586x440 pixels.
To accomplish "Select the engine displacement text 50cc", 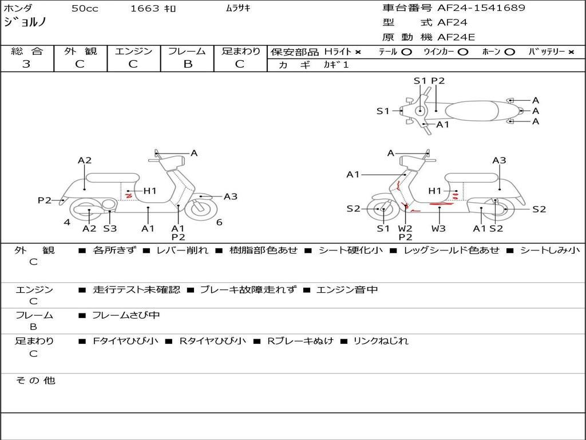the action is pyautogui.click(x=84, y=8).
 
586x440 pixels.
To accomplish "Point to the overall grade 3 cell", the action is pyautogui.click(x=26, y=64).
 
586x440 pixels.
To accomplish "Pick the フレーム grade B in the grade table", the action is pyautogui.click(x=187, y=64).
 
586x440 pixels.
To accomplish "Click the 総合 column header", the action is pyautogui.click(x=27, y=51).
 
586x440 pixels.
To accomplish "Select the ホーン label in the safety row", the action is pyautogui.click(x=492, y=52).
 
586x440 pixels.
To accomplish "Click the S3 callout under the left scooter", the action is pyautogui.click(x=110, y=229).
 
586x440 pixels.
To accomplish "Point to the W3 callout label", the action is pyautogui.click(x=439, y=229).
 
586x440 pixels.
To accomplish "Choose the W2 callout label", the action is pyautogui.click(x=405, y=229).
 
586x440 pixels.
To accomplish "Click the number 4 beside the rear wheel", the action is pyautogui.click(x=67, y=222).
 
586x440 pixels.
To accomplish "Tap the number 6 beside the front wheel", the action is pyautogui.click(x=219, y=222).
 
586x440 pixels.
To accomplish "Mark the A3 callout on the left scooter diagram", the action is pyautogui.click(x=230, y=197).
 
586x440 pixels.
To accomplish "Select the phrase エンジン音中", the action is pyautogui.click(x=347, y=290).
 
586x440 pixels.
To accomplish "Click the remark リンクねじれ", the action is pyautogui.click(x=381, y=341).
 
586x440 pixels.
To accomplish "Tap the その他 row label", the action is pyautogui.click(x=35, y=380).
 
